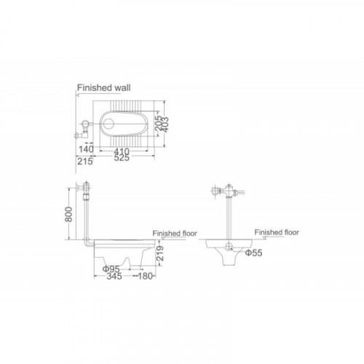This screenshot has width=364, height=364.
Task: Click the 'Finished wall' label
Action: click(103, 87)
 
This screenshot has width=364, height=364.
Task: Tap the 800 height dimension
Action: click(68, 214)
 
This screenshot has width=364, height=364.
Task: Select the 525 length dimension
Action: click(122, 158)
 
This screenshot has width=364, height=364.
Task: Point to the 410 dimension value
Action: click(122, 152)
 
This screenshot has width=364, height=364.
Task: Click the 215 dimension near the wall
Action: click(85, 161)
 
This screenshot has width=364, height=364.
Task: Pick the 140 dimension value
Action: click(86, 149)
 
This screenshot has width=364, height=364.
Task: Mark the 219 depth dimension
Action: click(159, 253)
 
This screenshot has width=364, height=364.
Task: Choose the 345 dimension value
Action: click(114, 276)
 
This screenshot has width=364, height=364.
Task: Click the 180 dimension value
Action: click(145, 276)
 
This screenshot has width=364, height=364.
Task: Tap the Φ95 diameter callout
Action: click(111, 269)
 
